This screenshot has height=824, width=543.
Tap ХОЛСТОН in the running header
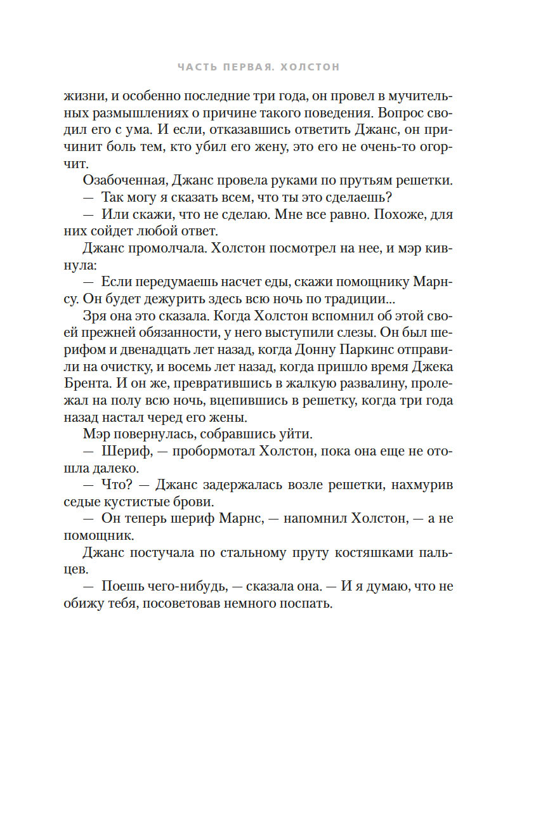[311, 67]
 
